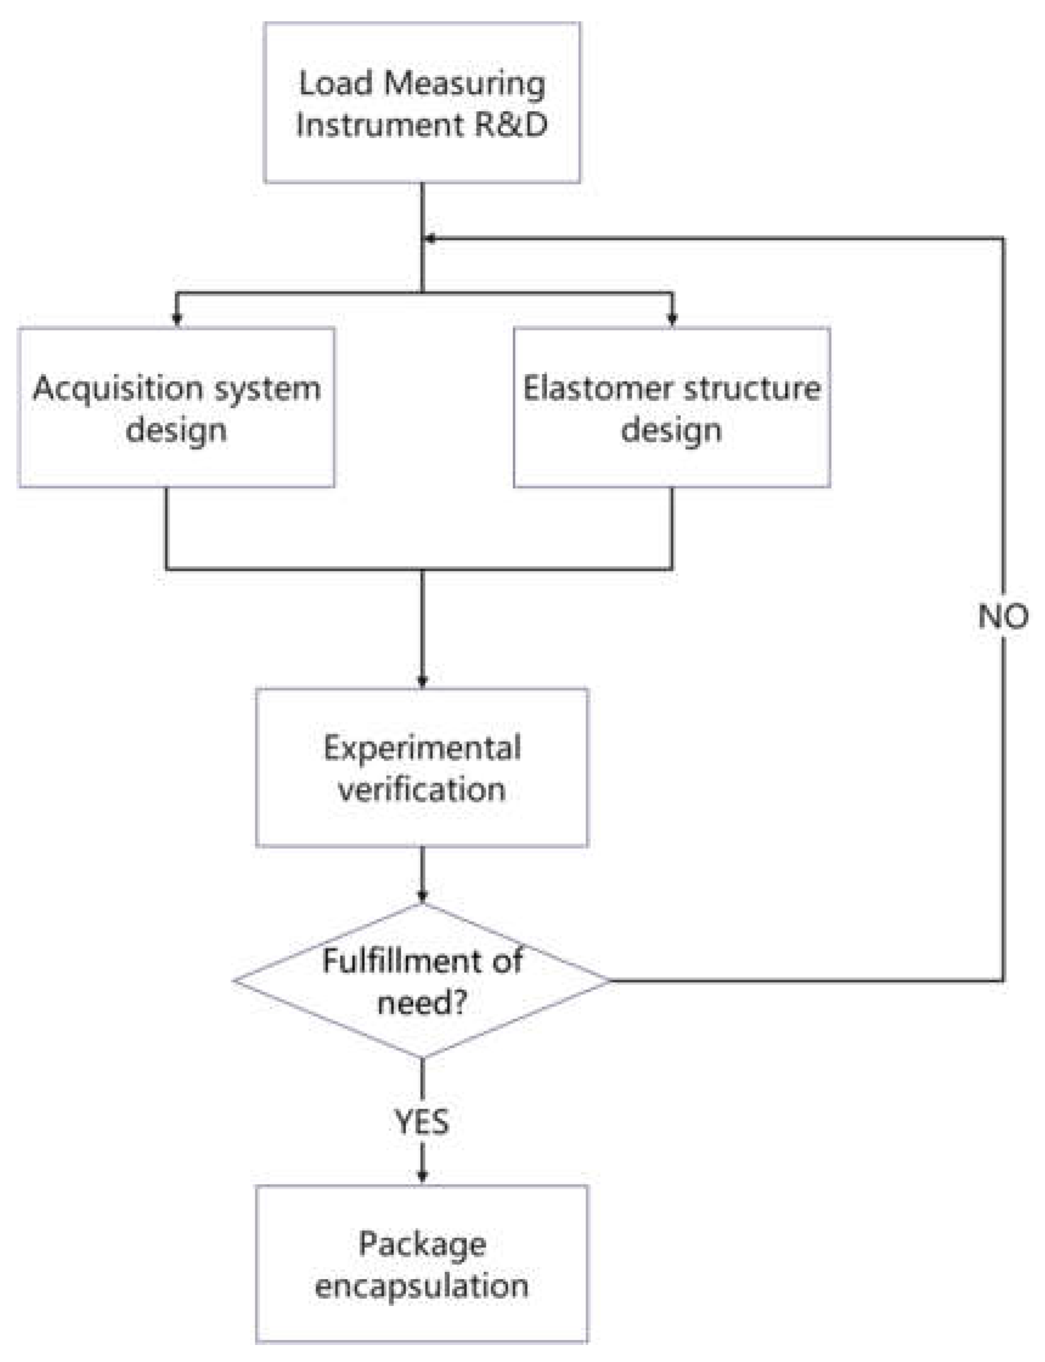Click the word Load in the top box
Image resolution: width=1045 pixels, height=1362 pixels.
click(336, 83)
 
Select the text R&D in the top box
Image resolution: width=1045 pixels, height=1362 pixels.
click(511, 125)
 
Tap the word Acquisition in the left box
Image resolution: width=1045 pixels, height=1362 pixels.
click(117, 389)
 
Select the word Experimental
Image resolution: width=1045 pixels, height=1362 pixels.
click(422, 748)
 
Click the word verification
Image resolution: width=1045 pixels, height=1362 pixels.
click(422, 790)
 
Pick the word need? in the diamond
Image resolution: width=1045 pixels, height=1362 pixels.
click(422, 1003)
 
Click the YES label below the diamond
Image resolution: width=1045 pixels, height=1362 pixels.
click(422, 1122)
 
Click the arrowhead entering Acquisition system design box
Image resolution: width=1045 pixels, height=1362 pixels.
click(177, 319)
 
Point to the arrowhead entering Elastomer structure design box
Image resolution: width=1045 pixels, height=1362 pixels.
click(672, 319)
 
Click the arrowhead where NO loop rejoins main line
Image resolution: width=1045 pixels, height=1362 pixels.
click(430, 239)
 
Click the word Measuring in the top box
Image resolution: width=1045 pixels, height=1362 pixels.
click(464, 83)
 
